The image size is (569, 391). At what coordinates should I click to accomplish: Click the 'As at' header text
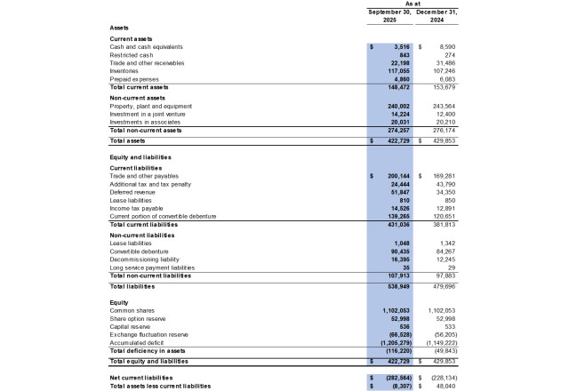[x=412, y=4]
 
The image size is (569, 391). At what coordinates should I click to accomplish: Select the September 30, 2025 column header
[x=389, y=15]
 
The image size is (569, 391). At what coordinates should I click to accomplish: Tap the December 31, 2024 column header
[x=439, y=15]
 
